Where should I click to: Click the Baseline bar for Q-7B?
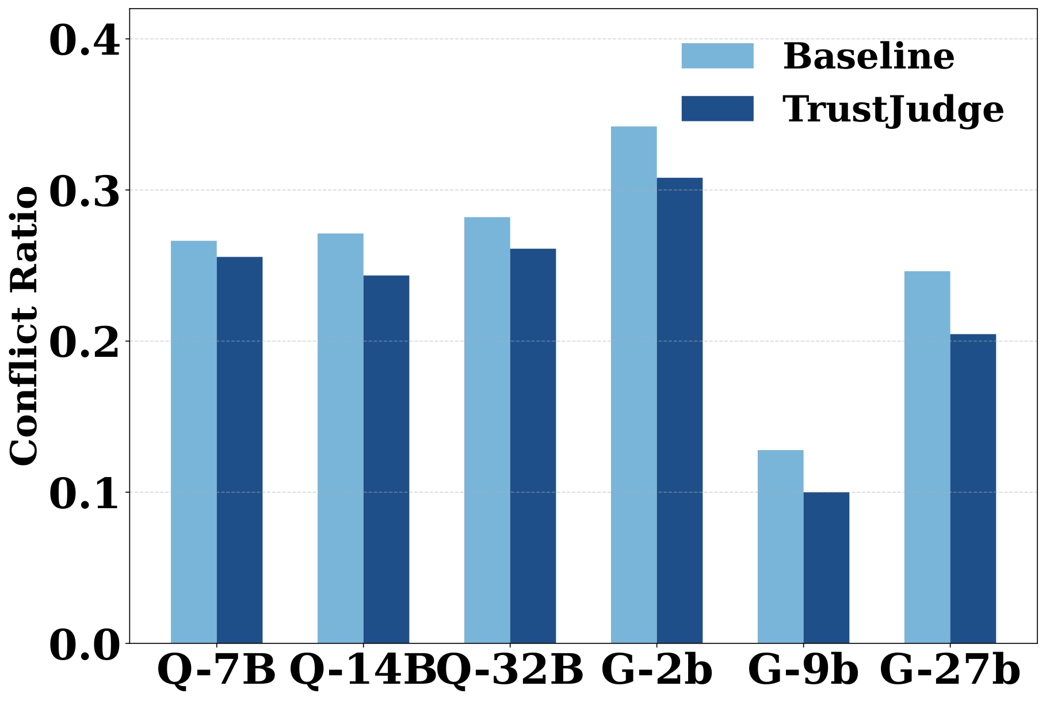(x=194, y=441)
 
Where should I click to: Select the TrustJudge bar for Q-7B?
(x=239, y=449)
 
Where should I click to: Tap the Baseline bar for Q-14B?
(x=340, y=438)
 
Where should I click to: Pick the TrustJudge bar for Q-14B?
(x=386, y=459)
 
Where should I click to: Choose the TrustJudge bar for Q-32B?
(x=533, y=445)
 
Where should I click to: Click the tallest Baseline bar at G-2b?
(x=633, y=384)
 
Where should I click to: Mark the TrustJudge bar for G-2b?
(x=679, y=410)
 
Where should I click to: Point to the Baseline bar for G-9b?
(x=780, y=546)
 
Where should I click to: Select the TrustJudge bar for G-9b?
(x=826, y=567)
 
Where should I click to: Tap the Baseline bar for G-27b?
(x=927, y=457)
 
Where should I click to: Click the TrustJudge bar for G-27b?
(x=973, y=488)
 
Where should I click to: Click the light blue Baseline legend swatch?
(x=717, y=56)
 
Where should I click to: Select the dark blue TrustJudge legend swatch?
(x=717, y=108)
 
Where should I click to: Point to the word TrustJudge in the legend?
(x=893, y=109)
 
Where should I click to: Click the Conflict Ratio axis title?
(x=24, y=326)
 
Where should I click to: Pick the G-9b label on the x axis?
(x=803, y=670)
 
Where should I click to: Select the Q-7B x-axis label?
(x=216, y=670)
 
